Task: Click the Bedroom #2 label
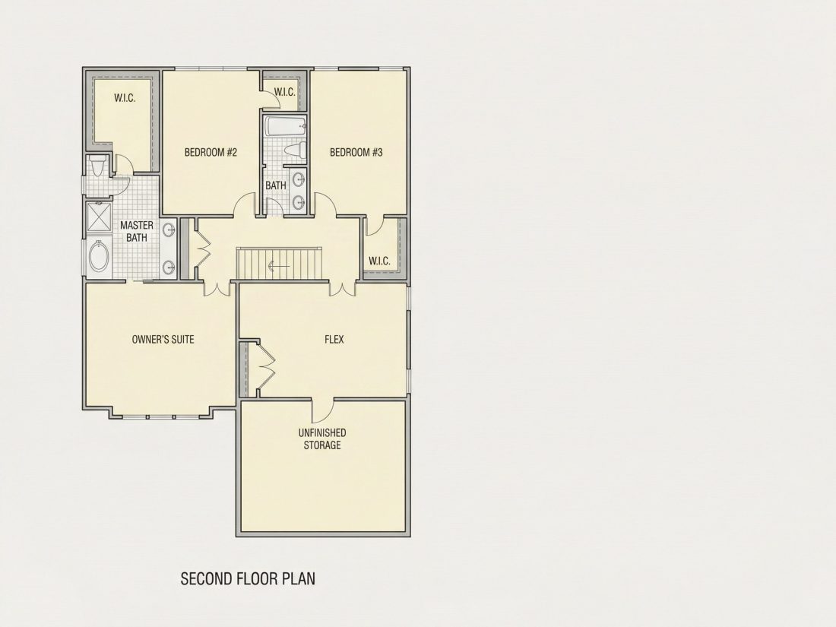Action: click(x=211, y=153)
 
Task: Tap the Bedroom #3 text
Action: click(x=356, y=153)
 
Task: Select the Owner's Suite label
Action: click(x=163, y=340)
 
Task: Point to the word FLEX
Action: click(x=334, y=340)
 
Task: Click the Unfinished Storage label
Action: click(x=322, y=439)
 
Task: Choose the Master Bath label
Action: click(x=137, y=231)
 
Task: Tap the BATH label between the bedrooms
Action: click(x=276, y=185)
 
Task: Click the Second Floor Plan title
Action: click(x=248, y=578)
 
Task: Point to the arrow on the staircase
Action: click(x=279, y=266)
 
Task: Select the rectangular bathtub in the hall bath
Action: click(x=286, y=127)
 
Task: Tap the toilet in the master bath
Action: click(x=97, y=165)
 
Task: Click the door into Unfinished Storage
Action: click(x=322, y=410)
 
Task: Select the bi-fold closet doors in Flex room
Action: click(x=265, y=368)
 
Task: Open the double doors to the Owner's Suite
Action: click(x=217, y=289)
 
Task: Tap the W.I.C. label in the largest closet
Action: click(x=124, y=98)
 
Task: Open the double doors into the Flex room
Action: click(x=342, y=289)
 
